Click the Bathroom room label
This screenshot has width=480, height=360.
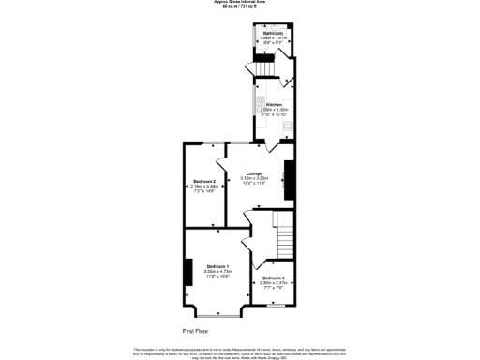click(274, 32)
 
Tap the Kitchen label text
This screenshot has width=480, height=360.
click(274, 104)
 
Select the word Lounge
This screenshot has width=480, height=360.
click(253, 172)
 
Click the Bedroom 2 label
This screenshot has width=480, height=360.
click(204, 181)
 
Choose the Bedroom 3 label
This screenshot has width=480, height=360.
click(274, 277)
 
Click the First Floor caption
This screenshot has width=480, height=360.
click(195, 331)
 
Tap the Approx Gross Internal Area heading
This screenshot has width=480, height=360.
click(240, 2)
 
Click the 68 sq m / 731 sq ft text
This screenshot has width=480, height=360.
click(240, 7)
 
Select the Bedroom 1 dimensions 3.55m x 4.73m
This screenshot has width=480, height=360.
click(217, 271)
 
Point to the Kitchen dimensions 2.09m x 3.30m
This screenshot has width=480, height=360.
click(274, 110)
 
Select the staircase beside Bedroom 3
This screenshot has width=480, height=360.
click(283, 230)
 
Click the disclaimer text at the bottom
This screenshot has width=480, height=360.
click(240, 351)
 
